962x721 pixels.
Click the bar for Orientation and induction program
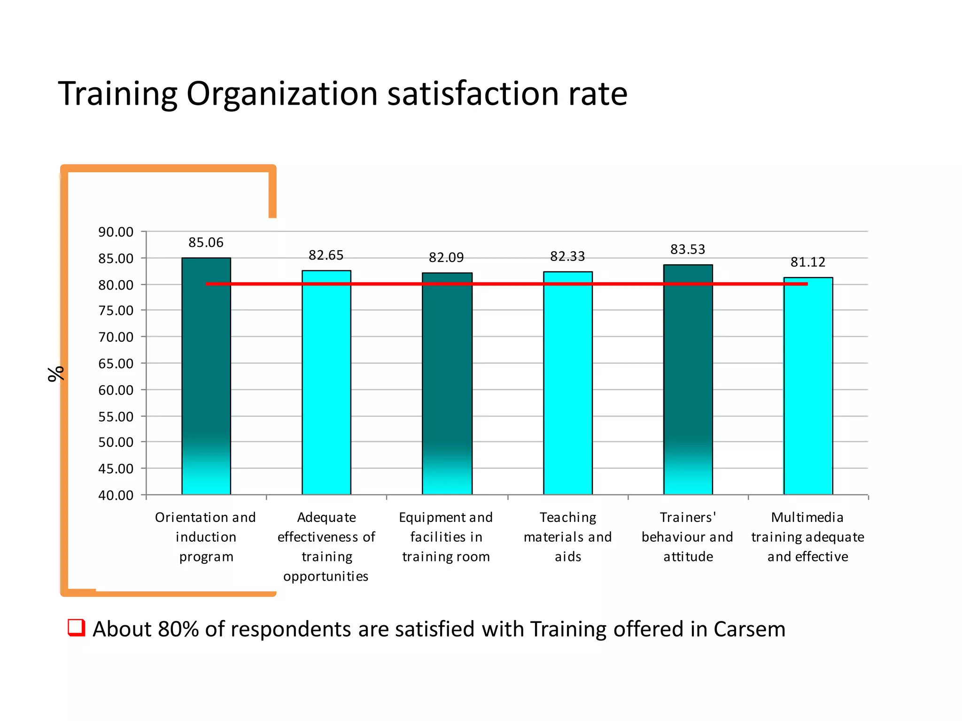(x=206, y=376)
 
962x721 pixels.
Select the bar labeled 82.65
(x=326, y=383)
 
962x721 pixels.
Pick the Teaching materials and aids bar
(x=568, y=383)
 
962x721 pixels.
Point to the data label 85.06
(x=206, y=243)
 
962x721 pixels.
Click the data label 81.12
(x=808, y=262)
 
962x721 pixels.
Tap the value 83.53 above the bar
(x=688, y=249)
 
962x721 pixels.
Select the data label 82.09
(x=446, y=257)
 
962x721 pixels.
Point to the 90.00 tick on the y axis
(x=116, y=232)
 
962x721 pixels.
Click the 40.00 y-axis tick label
(x=116, y=495)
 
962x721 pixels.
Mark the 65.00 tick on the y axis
(x=116, y=363)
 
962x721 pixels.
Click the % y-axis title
(x=56, y=374)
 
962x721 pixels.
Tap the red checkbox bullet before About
(x=76, y=628)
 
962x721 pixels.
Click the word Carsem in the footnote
(x=749, y=629)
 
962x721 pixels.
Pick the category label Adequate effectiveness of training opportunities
(x=326, y=546)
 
